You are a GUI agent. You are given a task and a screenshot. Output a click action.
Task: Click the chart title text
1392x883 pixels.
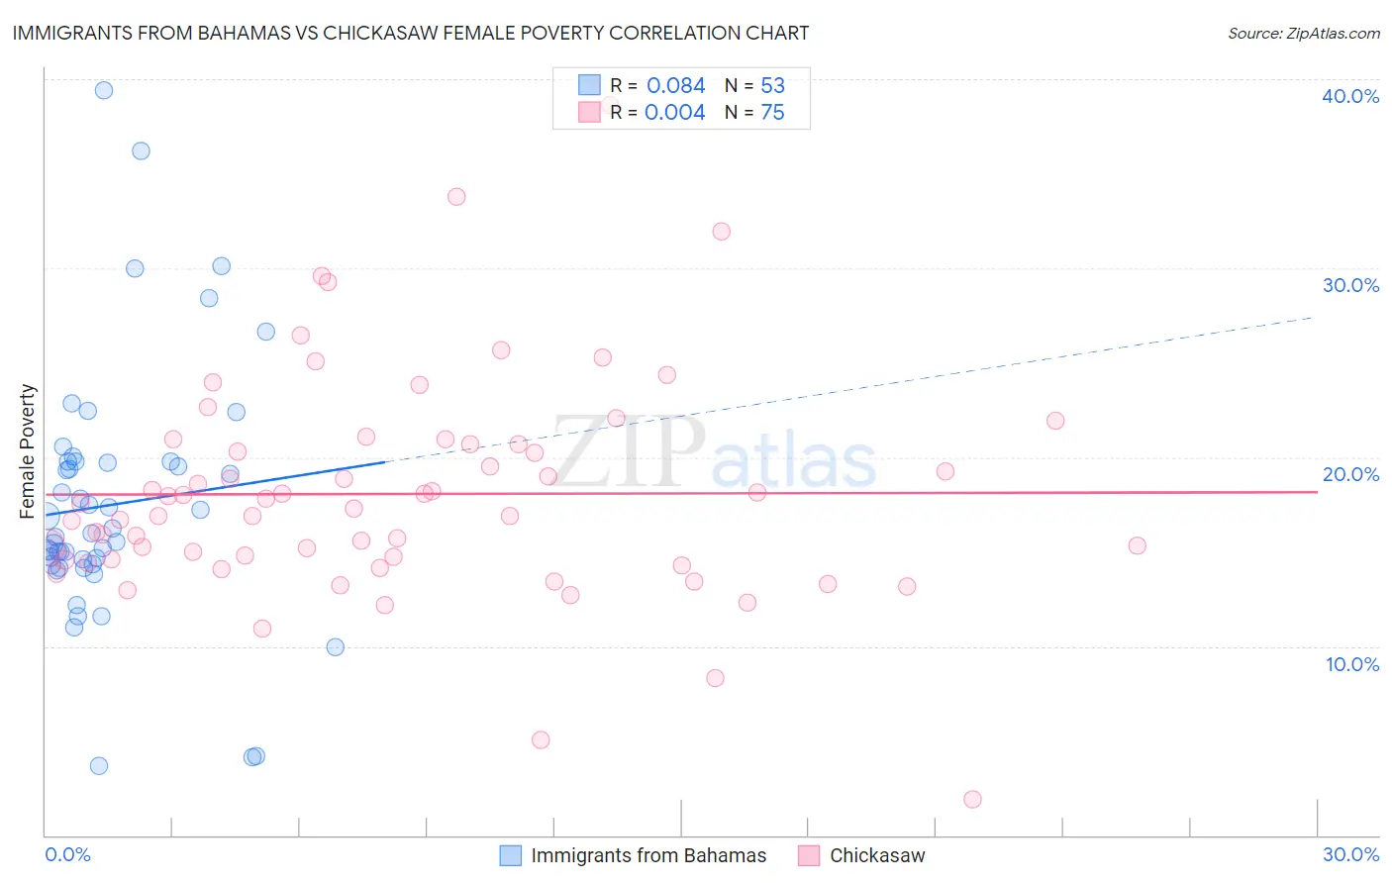point(410,33)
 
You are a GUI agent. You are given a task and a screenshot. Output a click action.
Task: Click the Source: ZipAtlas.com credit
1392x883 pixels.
point(1303,34)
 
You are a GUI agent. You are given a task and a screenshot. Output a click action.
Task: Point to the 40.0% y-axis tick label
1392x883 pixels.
point(1350,96)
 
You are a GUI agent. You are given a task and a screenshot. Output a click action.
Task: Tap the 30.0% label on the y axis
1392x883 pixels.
point(1350,285)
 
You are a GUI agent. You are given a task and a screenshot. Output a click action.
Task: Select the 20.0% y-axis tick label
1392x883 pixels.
point(1350,474)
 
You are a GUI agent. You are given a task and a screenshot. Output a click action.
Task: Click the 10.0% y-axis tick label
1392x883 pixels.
point(1352,664)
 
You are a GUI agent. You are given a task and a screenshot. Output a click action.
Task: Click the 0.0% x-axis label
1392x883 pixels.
point(67,854)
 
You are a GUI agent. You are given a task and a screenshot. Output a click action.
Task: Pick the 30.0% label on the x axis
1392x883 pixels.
point(1350,854)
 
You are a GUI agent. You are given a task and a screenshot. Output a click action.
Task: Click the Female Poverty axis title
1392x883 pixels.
point(28,451)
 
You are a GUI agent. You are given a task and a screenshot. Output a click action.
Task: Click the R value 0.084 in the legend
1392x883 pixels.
point(675,86)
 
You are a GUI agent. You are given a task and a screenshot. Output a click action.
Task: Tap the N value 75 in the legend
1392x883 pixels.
point(772,113)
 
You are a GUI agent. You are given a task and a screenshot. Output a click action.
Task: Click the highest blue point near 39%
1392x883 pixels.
point(103,90)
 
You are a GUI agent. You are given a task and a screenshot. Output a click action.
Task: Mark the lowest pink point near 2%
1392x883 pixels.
point(972,799)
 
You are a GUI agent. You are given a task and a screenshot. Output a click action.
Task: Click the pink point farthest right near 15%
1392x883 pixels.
point(1137,545)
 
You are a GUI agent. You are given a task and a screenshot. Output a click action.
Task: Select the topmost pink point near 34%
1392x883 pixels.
point(456,196)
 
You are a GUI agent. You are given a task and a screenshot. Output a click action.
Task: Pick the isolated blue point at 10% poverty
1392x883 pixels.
point(336,647)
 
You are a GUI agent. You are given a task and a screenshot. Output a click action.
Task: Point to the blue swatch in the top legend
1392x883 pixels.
point(589,86)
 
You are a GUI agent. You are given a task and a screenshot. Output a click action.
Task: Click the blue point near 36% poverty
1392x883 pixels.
point(141,150)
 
